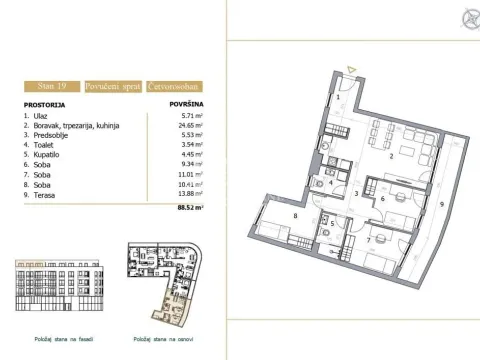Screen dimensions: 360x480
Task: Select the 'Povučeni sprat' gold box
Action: [x=113, y=88]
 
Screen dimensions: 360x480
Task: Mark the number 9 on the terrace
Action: [x=441, y=202]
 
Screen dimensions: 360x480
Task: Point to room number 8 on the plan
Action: [x=295, y=215]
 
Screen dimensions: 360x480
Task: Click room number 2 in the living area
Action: [x=392, y=155]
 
